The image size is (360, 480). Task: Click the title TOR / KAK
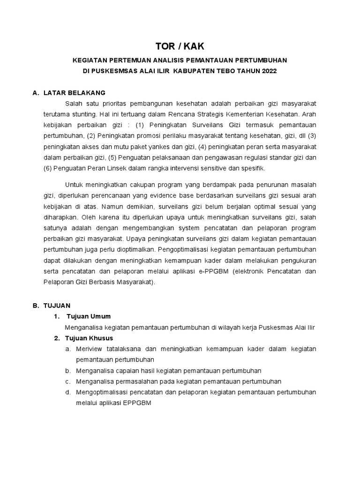pyautogui.click(x=180, y=46)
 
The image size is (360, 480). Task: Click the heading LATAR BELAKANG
pyautogui.click(x=75, y=93)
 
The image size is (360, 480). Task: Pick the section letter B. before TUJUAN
pyautogui.click(x=35, y=305)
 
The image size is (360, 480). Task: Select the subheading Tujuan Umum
pyautogui.click(x=89, y=316)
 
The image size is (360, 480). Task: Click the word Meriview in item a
pyautogui.click(x=90, y=349)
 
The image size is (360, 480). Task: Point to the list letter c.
pyautogui.click(x=68, y=381)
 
